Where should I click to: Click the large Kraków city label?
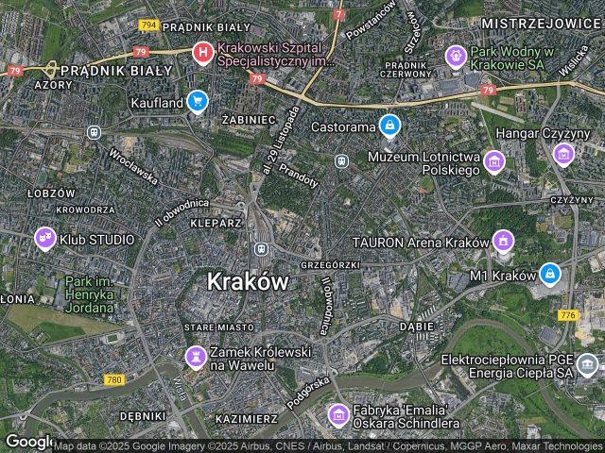(x=247, y=281)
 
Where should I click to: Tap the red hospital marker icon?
(x=202, y=53)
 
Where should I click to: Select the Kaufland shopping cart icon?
(x=197, y=100)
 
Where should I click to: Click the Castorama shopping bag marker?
(x=389, y=125)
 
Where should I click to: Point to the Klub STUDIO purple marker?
(x=44, y=239)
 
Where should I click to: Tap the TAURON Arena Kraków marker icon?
(x=503, y=242)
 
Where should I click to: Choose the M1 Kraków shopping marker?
(x=549, y=275)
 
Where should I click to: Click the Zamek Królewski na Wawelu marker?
(x=196, y=357)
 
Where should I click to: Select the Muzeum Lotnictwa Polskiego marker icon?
(x=493, y=162)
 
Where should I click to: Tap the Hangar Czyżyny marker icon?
(x=563, y=153)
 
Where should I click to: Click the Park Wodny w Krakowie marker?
(x=456, y=57)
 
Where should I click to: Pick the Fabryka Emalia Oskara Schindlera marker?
(x=338, y=413)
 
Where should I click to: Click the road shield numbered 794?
(x=147, y=25)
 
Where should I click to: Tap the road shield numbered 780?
(x=114, y=379)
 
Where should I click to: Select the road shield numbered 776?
(x=567, y=314)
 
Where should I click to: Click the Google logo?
(x=28, y=442)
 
